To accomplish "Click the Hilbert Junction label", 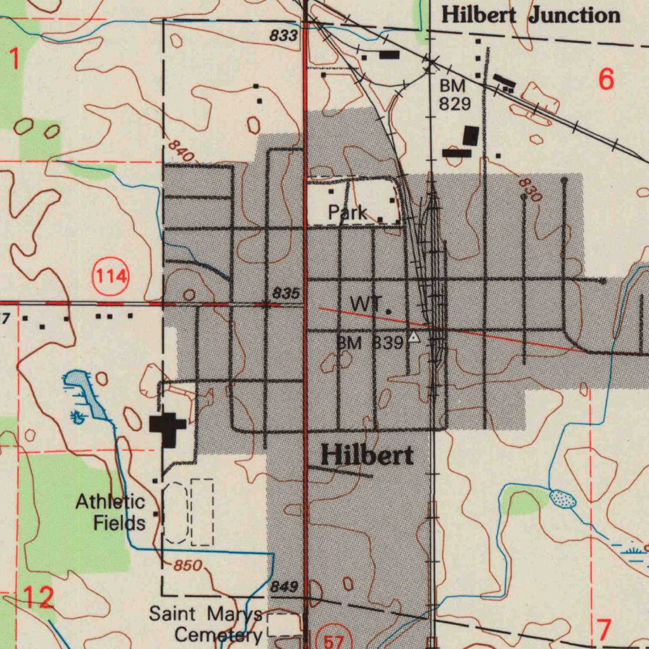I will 530,15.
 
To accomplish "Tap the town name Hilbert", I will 367,455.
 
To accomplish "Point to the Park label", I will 347,212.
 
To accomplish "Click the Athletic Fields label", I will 111,513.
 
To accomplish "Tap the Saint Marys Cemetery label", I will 206,624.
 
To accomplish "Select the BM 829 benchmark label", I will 454,95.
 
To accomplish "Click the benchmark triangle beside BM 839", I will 414,337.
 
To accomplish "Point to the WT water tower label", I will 364,304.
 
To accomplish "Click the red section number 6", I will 606,80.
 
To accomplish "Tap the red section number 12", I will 38,597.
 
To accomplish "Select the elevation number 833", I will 283,36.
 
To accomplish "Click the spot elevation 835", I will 286,293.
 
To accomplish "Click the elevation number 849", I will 283,588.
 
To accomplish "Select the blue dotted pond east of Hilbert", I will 562,499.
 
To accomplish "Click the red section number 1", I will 14,59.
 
